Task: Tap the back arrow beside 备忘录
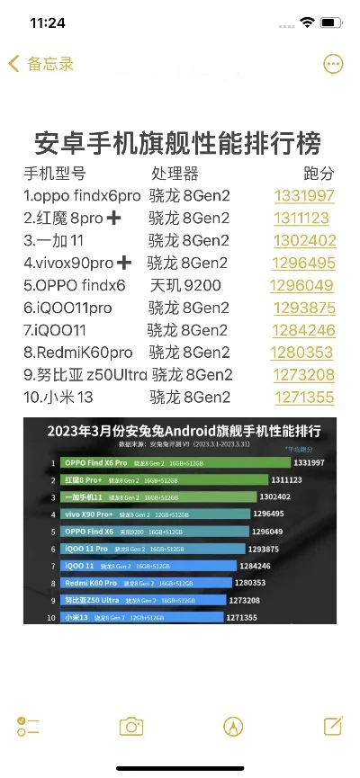click(x=13, y=64)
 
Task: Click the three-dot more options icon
click(x=333, y=64)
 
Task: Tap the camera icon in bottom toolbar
click(x=131, y=726)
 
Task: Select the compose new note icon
click(x=332, y=725)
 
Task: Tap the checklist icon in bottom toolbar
click(x=28, y=726)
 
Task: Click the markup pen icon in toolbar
click(x=233, y=726)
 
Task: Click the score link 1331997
click(x=304, y=195)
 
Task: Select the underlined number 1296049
click(x=301, y=285)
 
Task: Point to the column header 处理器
click(x=175, y=173)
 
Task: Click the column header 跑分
click(x=319, y=173)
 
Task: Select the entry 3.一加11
click(x=53, y=240)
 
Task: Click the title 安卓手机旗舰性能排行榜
click(x=177, y=143)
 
